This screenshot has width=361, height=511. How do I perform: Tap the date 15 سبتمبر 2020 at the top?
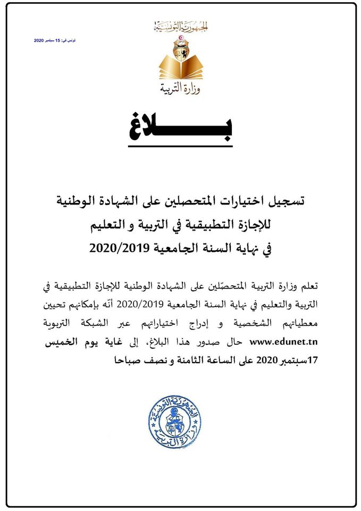pyautogui.click(x=55, y=40)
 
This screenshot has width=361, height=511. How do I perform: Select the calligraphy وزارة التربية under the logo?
pyautogui.click(x=180, y=87)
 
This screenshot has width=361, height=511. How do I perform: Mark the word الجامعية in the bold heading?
pyautogui.click(x=177, y=248)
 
